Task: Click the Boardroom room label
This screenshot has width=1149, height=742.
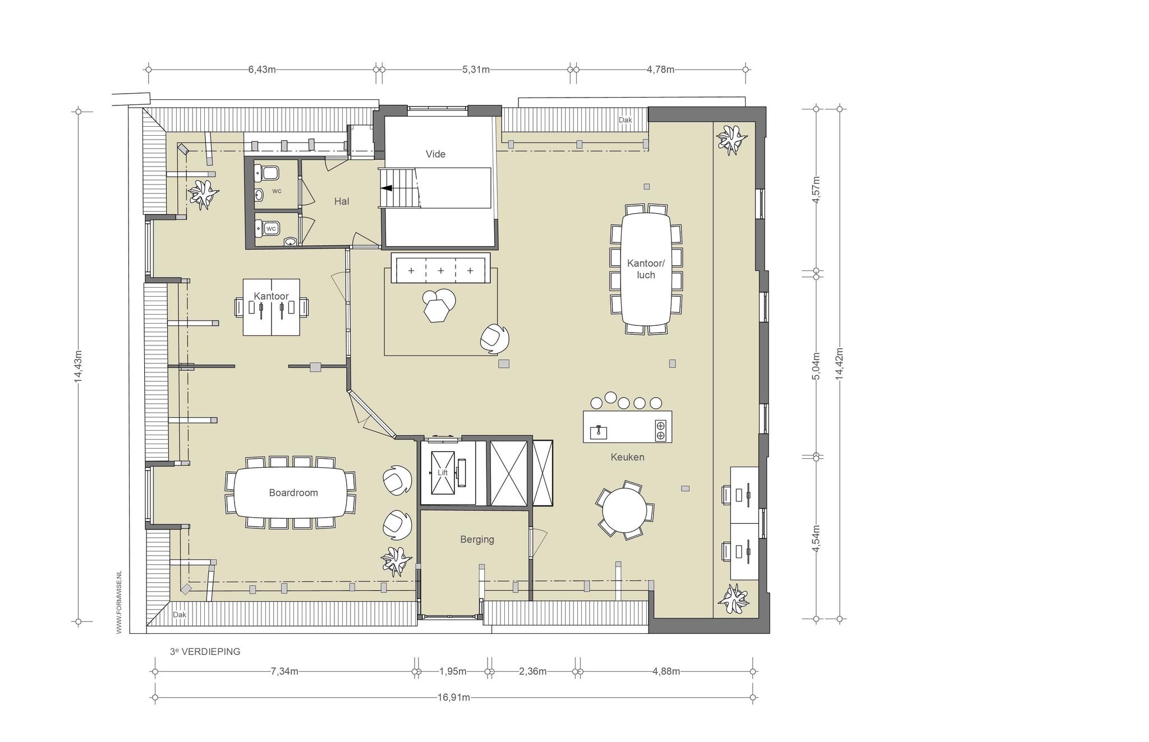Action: click(293, 493)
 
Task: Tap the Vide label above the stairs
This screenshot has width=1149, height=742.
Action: click(435, 154)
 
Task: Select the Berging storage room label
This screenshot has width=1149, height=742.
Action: click(477, 540)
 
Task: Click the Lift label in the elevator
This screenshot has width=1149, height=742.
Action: click(443, 473)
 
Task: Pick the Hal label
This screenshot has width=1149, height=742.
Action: click(342, 201)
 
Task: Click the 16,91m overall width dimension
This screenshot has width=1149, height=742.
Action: click(454, 698)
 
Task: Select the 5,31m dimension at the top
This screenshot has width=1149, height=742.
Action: click(476, 70)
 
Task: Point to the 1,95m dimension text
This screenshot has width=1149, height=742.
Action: click(453, 671)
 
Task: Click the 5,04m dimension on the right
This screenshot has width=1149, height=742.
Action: click(816, 366)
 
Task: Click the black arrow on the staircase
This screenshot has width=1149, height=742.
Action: click(387, 188)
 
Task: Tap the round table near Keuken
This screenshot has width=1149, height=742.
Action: click(624, 510)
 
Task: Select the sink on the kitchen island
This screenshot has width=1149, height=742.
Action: click(598, 431)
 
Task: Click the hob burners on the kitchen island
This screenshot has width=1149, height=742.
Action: click(660, 430)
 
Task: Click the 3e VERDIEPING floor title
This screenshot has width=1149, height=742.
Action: click(205, 652)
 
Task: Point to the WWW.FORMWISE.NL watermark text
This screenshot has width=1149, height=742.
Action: click(119, 602)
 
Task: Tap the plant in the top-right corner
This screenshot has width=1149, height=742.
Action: click(732, 140)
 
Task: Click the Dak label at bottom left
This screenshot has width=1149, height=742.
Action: click(179, 615)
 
